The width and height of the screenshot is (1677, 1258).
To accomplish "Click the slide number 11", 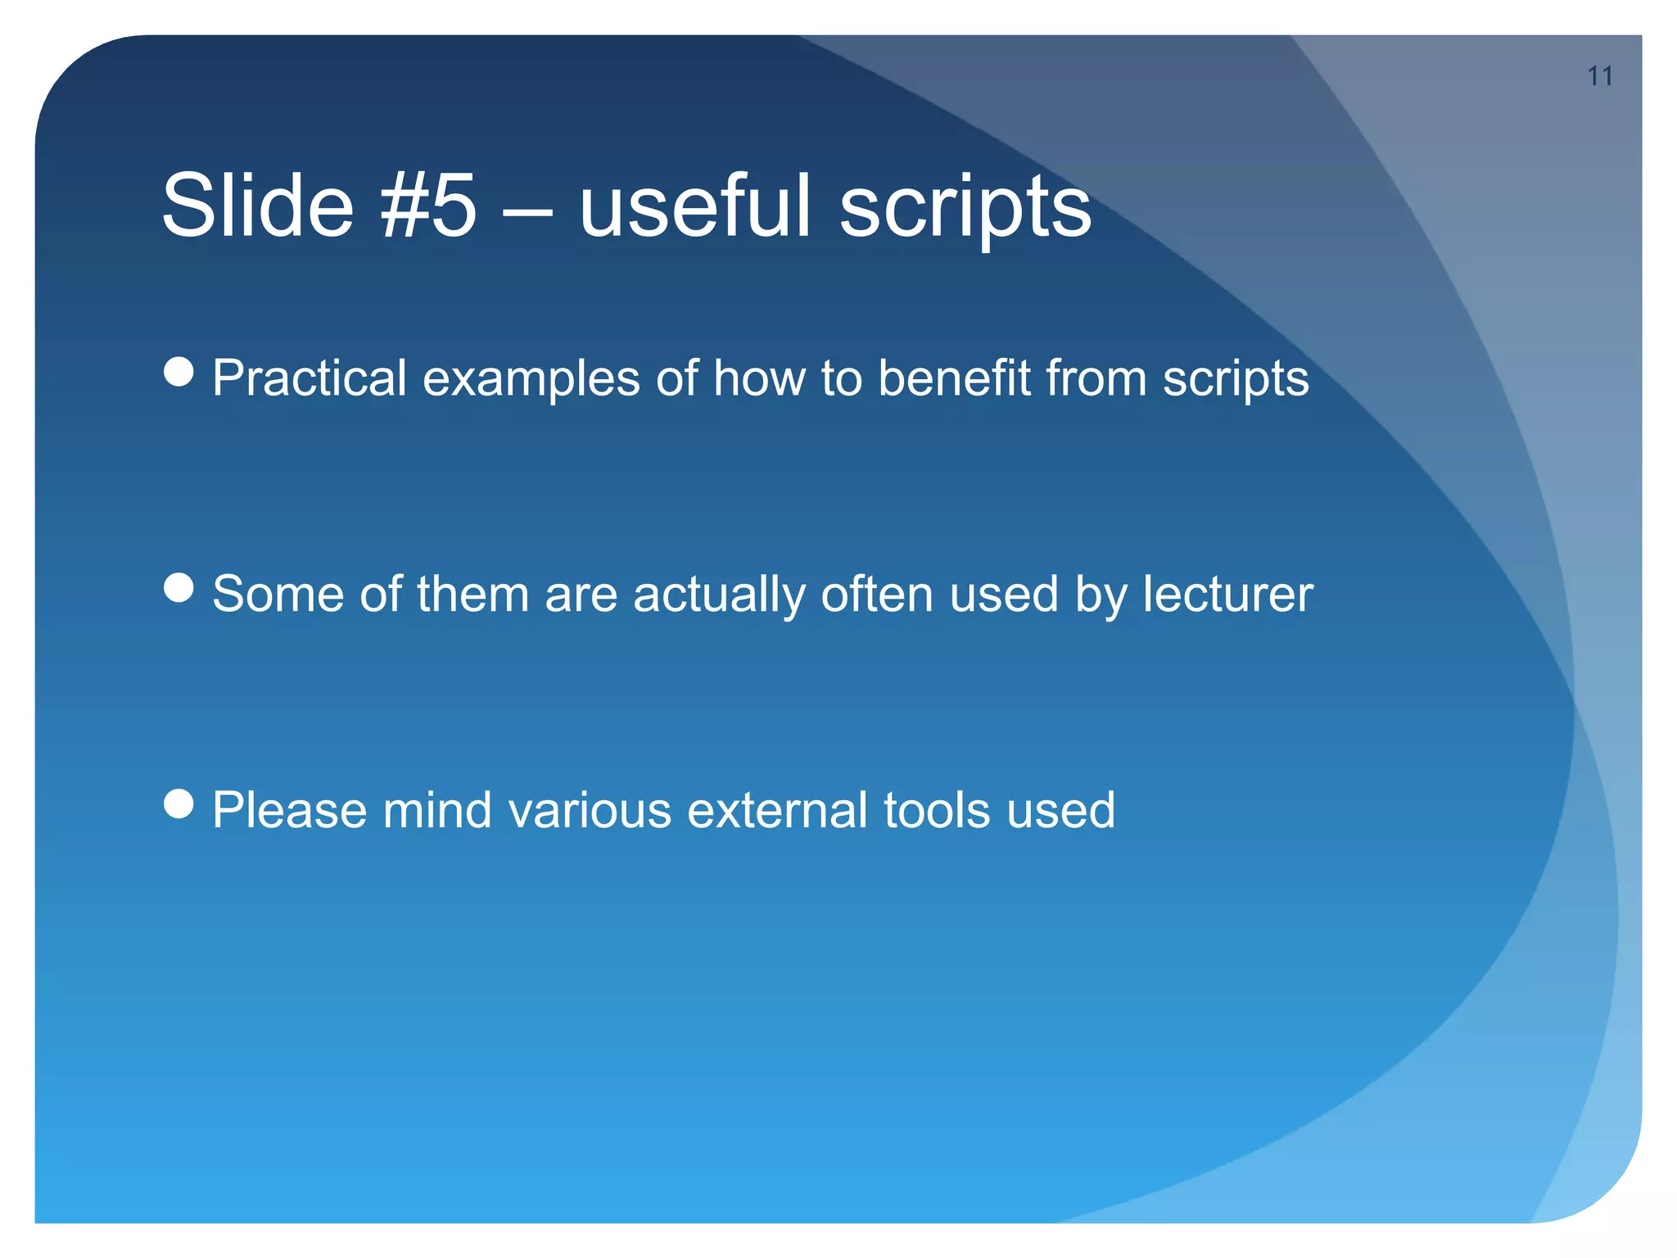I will point(1599,76).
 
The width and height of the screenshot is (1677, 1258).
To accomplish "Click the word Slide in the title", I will point(258,206).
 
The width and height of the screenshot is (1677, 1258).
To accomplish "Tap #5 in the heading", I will point(428,206).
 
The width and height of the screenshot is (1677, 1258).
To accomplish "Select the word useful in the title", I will point(694,206).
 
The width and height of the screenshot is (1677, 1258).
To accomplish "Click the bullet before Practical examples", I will point(179,372).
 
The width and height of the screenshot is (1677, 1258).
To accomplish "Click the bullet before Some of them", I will point(179,587).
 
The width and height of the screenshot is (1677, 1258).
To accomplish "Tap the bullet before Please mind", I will point(179,803).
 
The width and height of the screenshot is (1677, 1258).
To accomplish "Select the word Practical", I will point(309,378).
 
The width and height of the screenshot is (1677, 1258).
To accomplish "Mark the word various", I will point(589,810).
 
